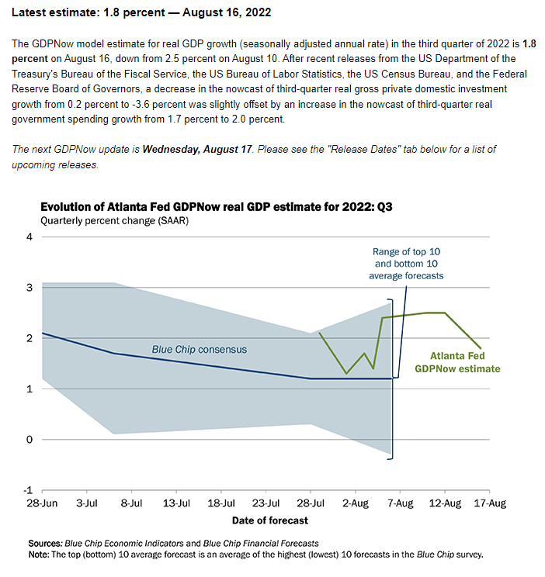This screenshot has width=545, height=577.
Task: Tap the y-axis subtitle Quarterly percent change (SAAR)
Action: click(116, 221)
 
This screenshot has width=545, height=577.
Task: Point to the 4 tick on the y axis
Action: click(30, 237)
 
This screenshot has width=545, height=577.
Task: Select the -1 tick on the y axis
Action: click(28, 490)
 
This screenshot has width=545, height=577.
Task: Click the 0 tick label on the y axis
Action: click(30, 440)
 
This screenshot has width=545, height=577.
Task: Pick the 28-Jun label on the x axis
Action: click(43, 503)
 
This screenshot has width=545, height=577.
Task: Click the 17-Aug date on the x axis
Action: click(490, 503)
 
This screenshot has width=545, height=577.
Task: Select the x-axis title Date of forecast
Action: click(269, 520)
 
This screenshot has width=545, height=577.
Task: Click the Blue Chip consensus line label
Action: click(199, 350)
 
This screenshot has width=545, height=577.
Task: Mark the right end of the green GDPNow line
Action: click(481, 349)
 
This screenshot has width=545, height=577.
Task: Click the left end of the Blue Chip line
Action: click(42, 333)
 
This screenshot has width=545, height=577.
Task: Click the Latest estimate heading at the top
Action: click(142, 15)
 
